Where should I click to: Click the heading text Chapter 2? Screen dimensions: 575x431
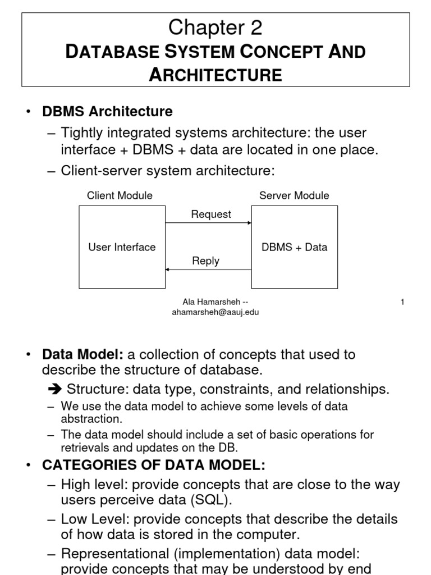(x=215, y=26)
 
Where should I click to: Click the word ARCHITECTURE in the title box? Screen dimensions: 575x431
(x=215, y=75)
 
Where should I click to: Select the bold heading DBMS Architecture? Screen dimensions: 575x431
(x=108, y=112)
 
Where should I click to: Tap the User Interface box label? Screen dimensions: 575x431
(x=122, y=247)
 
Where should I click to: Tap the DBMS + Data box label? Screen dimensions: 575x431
(x=294, y=247)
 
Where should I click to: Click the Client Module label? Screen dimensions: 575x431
(x=120, y=195)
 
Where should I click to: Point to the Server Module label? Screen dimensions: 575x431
(x=294, y=195)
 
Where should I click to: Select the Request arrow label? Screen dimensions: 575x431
(x=211, y=214)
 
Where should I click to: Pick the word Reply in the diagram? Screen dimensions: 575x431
(x=205, y=261)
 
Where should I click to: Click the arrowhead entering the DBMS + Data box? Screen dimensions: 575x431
(x=249, y=223)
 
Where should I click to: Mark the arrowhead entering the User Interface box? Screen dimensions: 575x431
(x=168, y=270)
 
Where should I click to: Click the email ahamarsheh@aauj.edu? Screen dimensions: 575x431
(x=215, y=313)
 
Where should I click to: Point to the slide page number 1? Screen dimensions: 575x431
(x=402, y=302)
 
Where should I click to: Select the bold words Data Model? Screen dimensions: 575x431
(x=83, y=354)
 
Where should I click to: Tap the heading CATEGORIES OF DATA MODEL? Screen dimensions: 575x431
(x=154, y=466)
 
